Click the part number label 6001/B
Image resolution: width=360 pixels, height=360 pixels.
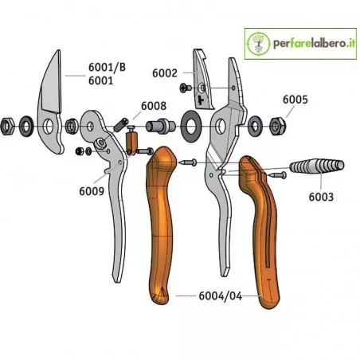(x=107, y=68)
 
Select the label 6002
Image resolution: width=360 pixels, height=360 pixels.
(x=165, y=73)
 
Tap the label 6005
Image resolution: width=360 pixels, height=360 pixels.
(x=295, y=100)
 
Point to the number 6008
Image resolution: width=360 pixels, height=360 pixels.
(x=154, y=106)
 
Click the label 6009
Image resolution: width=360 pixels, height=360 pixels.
(x=92, y=191)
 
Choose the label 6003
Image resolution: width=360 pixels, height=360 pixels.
(x=321, y=197)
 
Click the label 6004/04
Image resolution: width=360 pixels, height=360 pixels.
(x=221, y=296)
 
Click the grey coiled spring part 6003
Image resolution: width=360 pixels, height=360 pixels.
(x=316, y=166)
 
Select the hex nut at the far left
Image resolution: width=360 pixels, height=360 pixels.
(x=7, y=126)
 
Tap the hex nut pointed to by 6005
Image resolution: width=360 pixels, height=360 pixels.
(x=278, y=126)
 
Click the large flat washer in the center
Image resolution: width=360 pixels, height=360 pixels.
(x=191, y=126)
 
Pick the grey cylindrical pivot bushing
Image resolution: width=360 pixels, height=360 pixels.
(x=161, y=126)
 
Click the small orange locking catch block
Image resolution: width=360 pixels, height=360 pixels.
(x=131, y=141)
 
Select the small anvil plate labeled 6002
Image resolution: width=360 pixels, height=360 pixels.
(x=203, y=80)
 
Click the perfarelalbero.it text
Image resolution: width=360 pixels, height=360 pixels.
(x=314, y=43)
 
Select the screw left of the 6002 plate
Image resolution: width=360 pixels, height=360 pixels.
(x=186, y=88)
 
